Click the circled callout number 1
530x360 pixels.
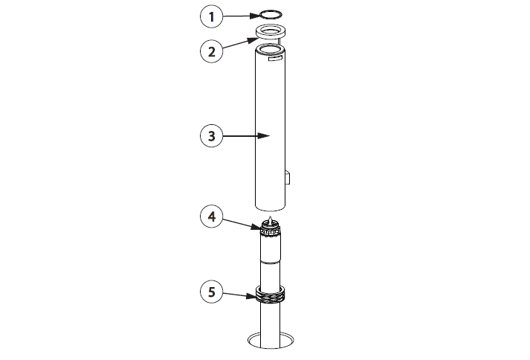pyautogui.click(x=212, y=16)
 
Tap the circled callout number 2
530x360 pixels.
pyautogui.click(x=212, y=52)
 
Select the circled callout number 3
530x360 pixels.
pyautogui.click(x=212, y=135)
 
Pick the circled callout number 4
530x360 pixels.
pyautogui.click(x=212, y=216)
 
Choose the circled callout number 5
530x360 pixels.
pyautogui.click(x=212, y=292)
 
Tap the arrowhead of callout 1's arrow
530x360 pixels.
pyautogui.click(x=255, y=16)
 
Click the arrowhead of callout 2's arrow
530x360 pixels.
pyautogui.click(x=253, y=40)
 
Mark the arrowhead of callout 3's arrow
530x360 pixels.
pyautogui.click(x=264, y=135)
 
